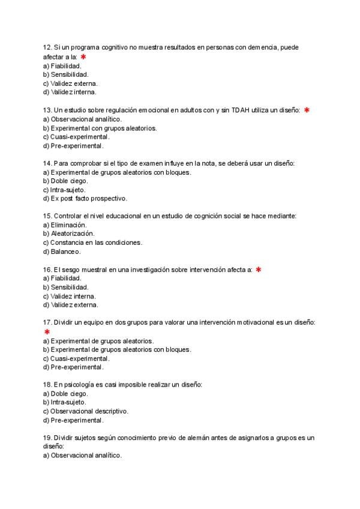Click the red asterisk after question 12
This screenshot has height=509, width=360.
coord(83,56)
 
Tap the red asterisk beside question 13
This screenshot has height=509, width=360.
coord(307,110)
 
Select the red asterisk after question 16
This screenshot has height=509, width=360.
coord(258,270)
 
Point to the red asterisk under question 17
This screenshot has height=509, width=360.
coord(47,331)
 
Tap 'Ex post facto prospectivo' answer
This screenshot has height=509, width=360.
coord(85,199)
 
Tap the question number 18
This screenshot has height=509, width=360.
coord(47,384)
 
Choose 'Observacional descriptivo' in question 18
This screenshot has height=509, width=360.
coord(85,411)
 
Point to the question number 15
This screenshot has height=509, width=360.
coord(47,216)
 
